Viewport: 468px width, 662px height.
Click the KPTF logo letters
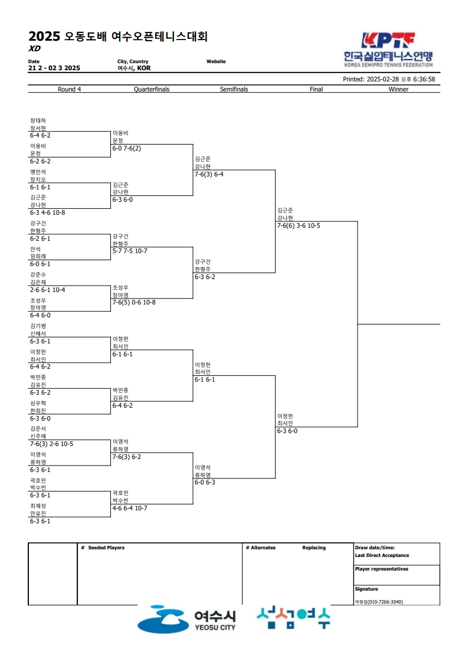click(x=388, y=40)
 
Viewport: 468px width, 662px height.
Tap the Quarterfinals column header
click(x=152, y=89)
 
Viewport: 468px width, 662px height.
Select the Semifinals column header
click(x=234, y=89)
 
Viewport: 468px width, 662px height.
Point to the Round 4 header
click(x=69, y=89)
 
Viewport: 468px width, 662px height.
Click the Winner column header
click(x=398, y=89)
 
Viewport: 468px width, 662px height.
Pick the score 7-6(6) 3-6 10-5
click(x=299, y=226)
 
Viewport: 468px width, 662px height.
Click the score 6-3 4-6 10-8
click(x=47, y=213)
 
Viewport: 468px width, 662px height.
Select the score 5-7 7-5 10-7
click(x=130, y=251)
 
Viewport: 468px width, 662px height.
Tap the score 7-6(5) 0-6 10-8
click(x=134, y=302)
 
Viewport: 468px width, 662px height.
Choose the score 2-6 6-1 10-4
click(x=47, y=290)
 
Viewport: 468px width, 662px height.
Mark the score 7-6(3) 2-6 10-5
click(x=51, y=444)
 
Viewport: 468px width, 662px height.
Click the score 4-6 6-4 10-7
click(x=130, y=509)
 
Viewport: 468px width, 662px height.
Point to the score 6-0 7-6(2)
click(x=127, y=149)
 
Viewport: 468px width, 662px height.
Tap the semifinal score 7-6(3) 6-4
click(x=209, y=175)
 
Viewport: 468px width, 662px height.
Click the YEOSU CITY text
click(x=215, y=628)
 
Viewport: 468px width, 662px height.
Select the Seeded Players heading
click(x=106, y=548)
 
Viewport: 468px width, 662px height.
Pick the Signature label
click(x=366, y=589)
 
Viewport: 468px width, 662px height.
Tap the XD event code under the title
click(x=35, y=48)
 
